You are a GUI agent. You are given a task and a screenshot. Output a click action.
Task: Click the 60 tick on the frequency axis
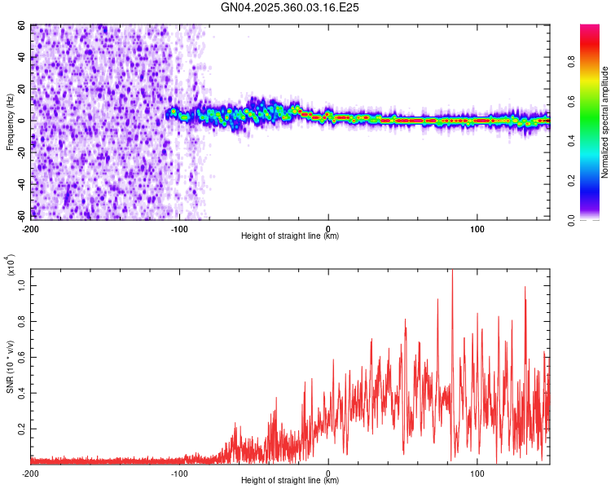[23, 26]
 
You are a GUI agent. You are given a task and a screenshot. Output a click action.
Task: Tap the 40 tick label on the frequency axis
[23, 58]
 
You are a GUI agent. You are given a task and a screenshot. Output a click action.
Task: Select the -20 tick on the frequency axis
[21, 152]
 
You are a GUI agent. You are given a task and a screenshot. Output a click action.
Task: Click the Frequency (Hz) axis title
[10, 122]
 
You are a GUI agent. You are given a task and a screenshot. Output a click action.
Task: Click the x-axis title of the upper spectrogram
[289, 236]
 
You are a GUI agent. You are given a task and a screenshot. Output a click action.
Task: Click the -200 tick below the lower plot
[31, 473]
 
